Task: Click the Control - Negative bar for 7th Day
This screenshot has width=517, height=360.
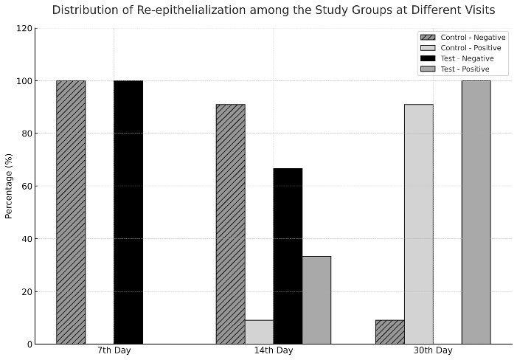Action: tap(71, 212)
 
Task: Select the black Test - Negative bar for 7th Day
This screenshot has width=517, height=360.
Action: tap(128, 212)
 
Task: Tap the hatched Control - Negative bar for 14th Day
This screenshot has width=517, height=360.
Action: tap(230, 224)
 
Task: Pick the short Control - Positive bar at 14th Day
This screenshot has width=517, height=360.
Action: tap(259, 332)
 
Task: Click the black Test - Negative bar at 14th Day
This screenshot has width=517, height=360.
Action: tap(288, 256)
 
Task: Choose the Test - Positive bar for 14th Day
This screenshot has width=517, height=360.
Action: tap(316, 300)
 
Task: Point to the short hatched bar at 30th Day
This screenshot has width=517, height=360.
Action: tap(390, 332)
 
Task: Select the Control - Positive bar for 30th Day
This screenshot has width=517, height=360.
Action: tap(419, 224)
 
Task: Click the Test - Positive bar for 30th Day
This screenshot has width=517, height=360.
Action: tap(476, 212)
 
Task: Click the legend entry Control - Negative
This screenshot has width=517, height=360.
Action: tap(463, 38)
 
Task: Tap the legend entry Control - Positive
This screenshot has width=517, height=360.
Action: tap(461, 48)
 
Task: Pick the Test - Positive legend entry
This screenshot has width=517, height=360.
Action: tap(455, 69)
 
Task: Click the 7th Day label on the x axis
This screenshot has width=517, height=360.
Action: tap(114, 350)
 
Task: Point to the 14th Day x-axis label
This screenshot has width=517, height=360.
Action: tap(274, 350)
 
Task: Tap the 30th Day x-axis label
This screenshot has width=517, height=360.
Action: tap(433, 350)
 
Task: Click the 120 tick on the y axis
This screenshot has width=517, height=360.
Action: tap(24, 29)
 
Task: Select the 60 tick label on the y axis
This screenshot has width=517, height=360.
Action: tap(27, 186)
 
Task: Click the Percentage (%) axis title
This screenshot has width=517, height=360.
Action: tap(9, 186)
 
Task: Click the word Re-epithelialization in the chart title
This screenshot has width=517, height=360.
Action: tap(191, 10)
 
